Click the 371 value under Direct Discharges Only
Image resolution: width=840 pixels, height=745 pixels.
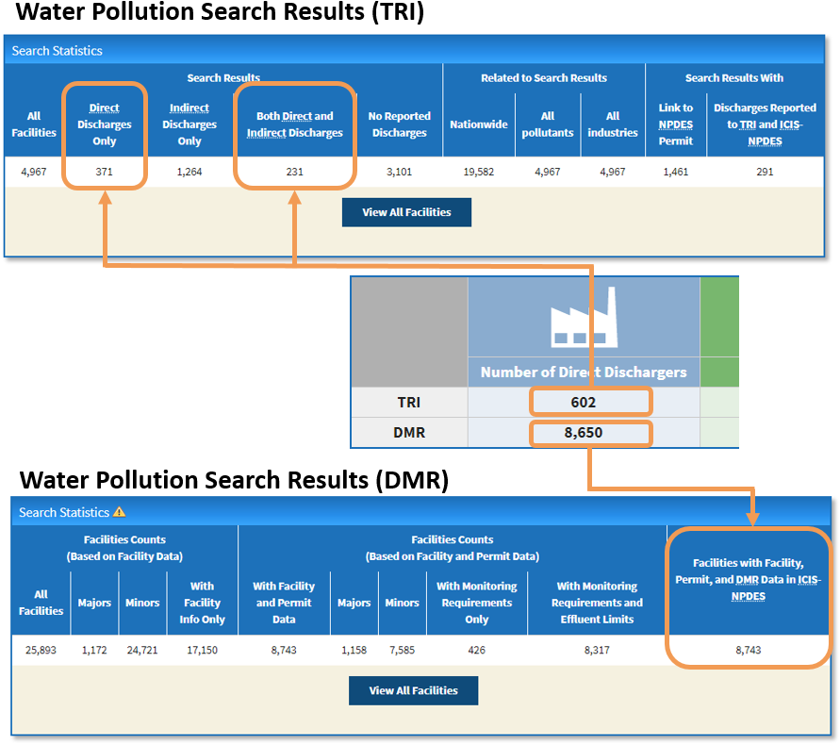(x=104, y=173)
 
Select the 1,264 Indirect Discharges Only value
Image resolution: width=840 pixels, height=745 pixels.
(x=189, y=173)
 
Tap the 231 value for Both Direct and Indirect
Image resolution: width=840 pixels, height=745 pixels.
(x=295, y=173)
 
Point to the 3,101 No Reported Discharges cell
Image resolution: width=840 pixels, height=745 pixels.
(x=399, y=173)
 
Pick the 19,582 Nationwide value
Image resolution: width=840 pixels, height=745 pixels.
(x=479, y=173)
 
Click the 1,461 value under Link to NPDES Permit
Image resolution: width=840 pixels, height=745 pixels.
(x=675, y=173)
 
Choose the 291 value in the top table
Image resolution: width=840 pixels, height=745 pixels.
(x=765, y=173)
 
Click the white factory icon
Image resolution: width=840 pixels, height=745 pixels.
(x=583, y=317)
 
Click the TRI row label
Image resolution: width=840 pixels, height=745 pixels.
(x=408, y=402)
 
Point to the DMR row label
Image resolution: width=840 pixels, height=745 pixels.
(x=408, y=434)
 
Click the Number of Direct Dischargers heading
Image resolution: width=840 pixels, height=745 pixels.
(x=584, y=372)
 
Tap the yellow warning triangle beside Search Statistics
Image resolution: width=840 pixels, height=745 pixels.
(x=120, y=512)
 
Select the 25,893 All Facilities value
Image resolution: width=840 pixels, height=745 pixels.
(x=41, y=650)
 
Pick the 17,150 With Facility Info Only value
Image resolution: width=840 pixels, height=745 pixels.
(x=202, y=650)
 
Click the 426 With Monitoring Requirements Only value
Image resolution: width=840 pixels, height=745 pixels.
(x=476, y=650)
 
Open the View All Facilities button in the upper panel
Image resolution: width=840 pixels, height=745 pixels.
(x=406, y=212)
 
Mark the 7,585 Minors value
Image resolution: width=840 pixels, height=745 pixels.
(x=403, y=650)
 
